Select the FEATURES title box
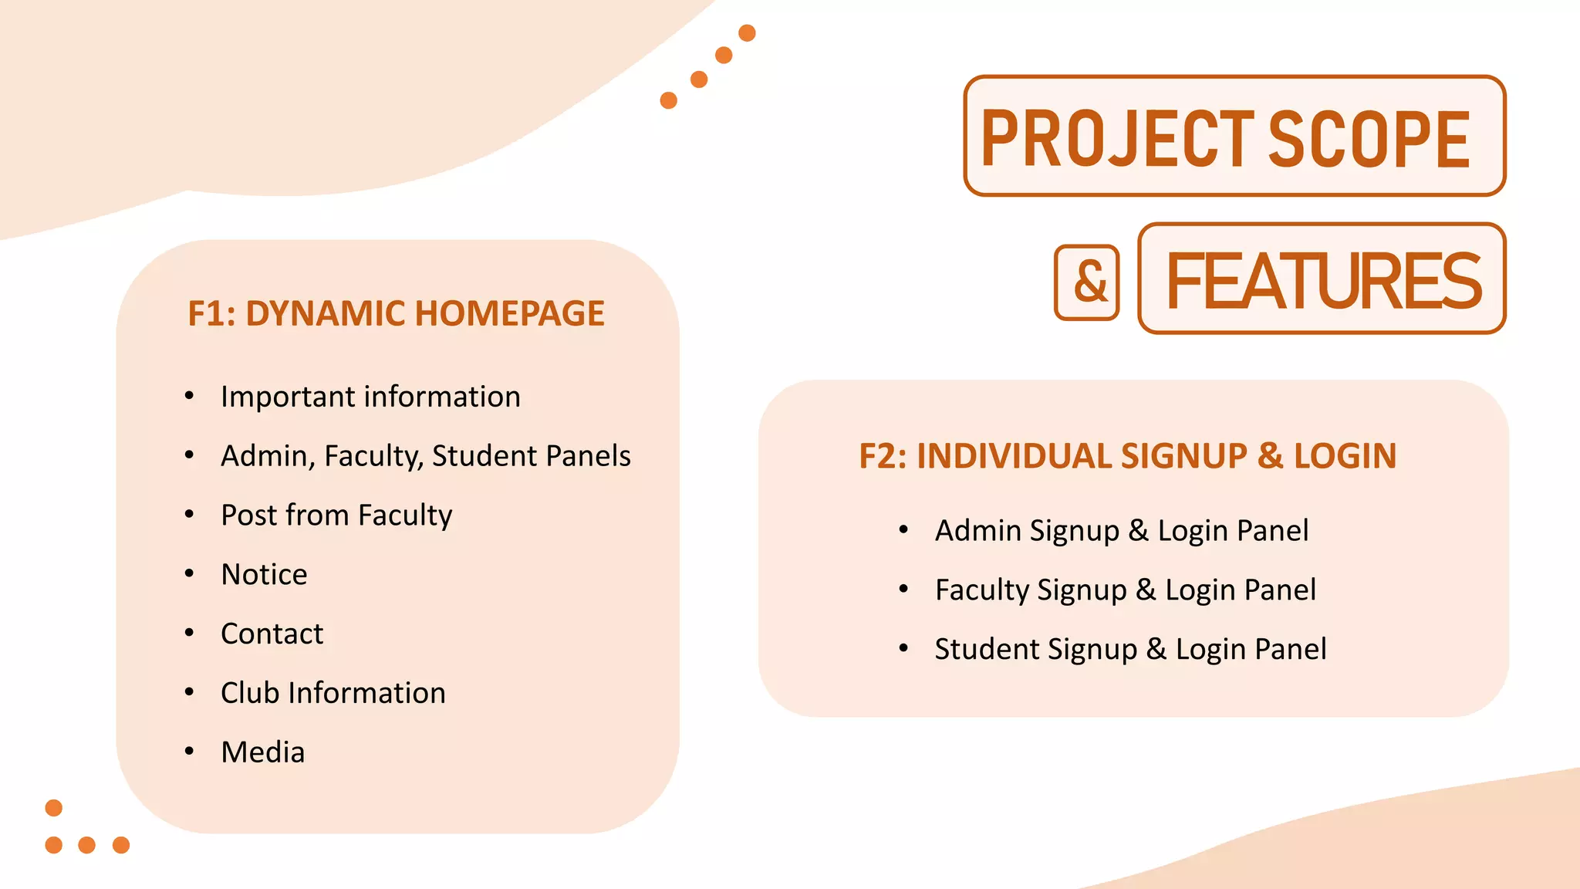click(1322, 279)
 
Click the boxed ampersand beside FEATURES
click(1087, 282)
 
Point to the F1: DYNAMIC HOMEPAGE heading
click(396, 313)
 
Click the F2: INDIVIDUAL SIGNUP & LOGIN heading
click(1127, 456)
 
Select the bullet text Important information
click(370, 397)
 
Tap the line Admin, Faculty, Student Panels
click(425, 456)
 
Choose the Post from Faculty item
click(336, 515)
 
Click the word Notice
click(264, 575)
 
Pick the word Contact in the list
click(272, 634)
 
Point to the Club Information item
click(333, 693)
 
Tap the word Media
click(262, 752)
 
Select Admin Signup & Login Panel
click(1121, 531)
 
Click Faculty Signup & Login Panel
click(1125, 590)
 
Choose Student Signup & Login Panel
click(1130, 650)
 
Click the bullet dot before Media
click(189, 751)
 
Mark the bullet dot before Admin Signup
click(903, 529)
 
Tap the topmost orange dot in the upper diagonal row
click(747, 33)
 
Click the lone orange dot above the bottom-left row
click(53, 808)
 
